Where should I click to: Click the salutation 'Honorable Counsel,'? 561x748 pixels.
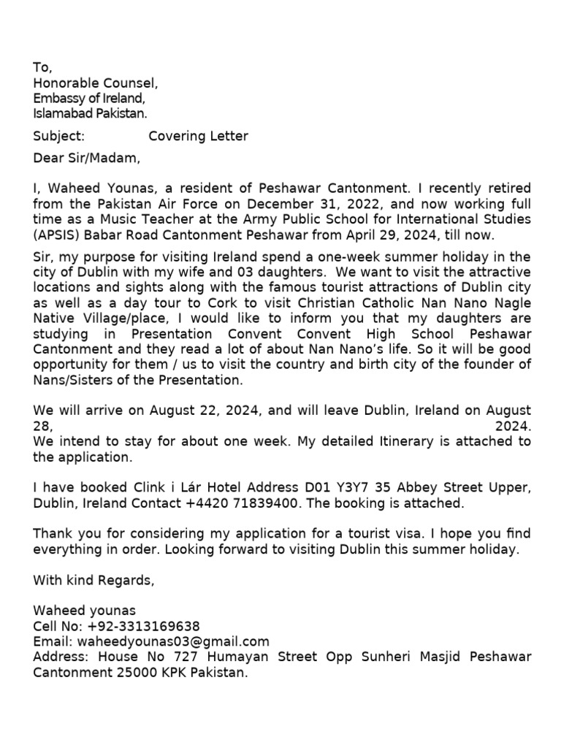tap(95, 83)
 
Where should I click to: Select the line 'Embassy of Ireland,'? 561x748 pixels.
tap(89, 99)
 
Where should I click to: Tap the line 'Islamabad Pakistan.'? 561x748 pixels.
tap(90, 113)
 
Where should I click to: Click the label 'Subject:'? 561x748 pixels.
tap(59, 136)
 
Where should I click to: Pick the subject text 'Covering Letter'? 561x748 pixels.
tap(198, 136)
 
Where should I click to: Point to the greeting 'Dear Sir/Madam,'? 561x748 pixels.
tap(86, 157)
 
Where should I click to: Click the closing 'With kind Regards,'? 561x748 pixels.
tap(94, 580)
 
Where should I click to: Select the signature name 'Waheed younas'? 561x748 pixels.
tap(85, 611)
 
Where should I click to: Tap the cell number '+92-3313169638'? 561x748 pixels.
tap(143, 627)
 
